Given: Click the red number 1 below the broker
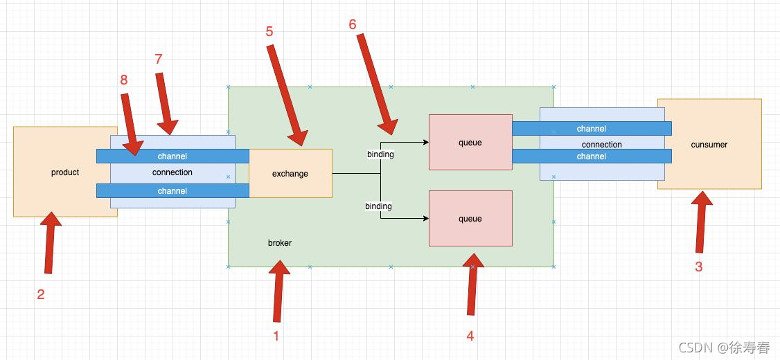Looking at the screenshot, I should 276,336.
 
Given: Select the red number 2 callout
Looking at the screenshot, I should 41,294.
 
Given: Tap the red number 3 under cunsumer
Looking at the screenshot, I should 698,267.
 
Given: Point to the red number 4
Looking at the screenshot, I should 470,336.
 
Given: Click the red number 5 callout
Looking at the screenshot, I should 269,31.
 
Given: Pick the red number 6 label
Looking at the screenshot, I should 353,24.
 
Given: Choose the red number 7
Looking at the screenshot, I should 159,59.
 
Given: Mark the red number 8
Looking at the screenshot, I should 124,80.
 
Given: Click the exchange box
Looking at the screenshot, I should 290,173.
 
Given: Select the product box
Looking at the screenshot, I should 55,172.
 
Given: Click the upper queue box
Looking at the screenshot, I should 470,143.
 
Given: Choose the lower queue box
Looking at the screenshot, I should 470,219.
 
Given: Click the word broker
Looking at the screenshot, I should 280,243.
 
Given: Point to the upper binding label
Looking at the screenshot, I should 380,154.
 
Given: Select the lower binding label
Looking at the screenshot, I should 378,206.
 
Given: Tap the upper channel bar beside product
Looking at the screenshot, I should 172,156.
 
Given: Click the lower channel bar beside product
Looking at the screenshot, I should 172,191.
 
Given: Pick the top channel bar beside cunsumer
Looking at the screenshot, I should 592,129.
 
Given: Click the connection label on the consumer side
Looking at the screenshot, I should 601,145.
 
